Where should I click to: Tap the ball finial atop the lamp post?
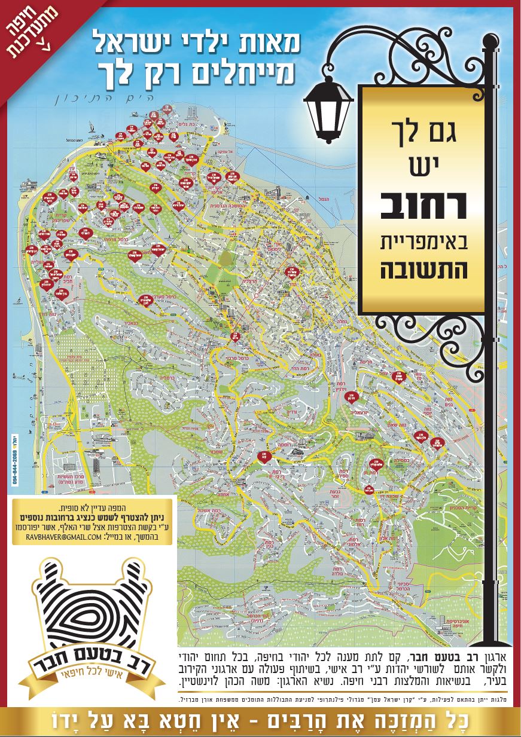tap(490, 41)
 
